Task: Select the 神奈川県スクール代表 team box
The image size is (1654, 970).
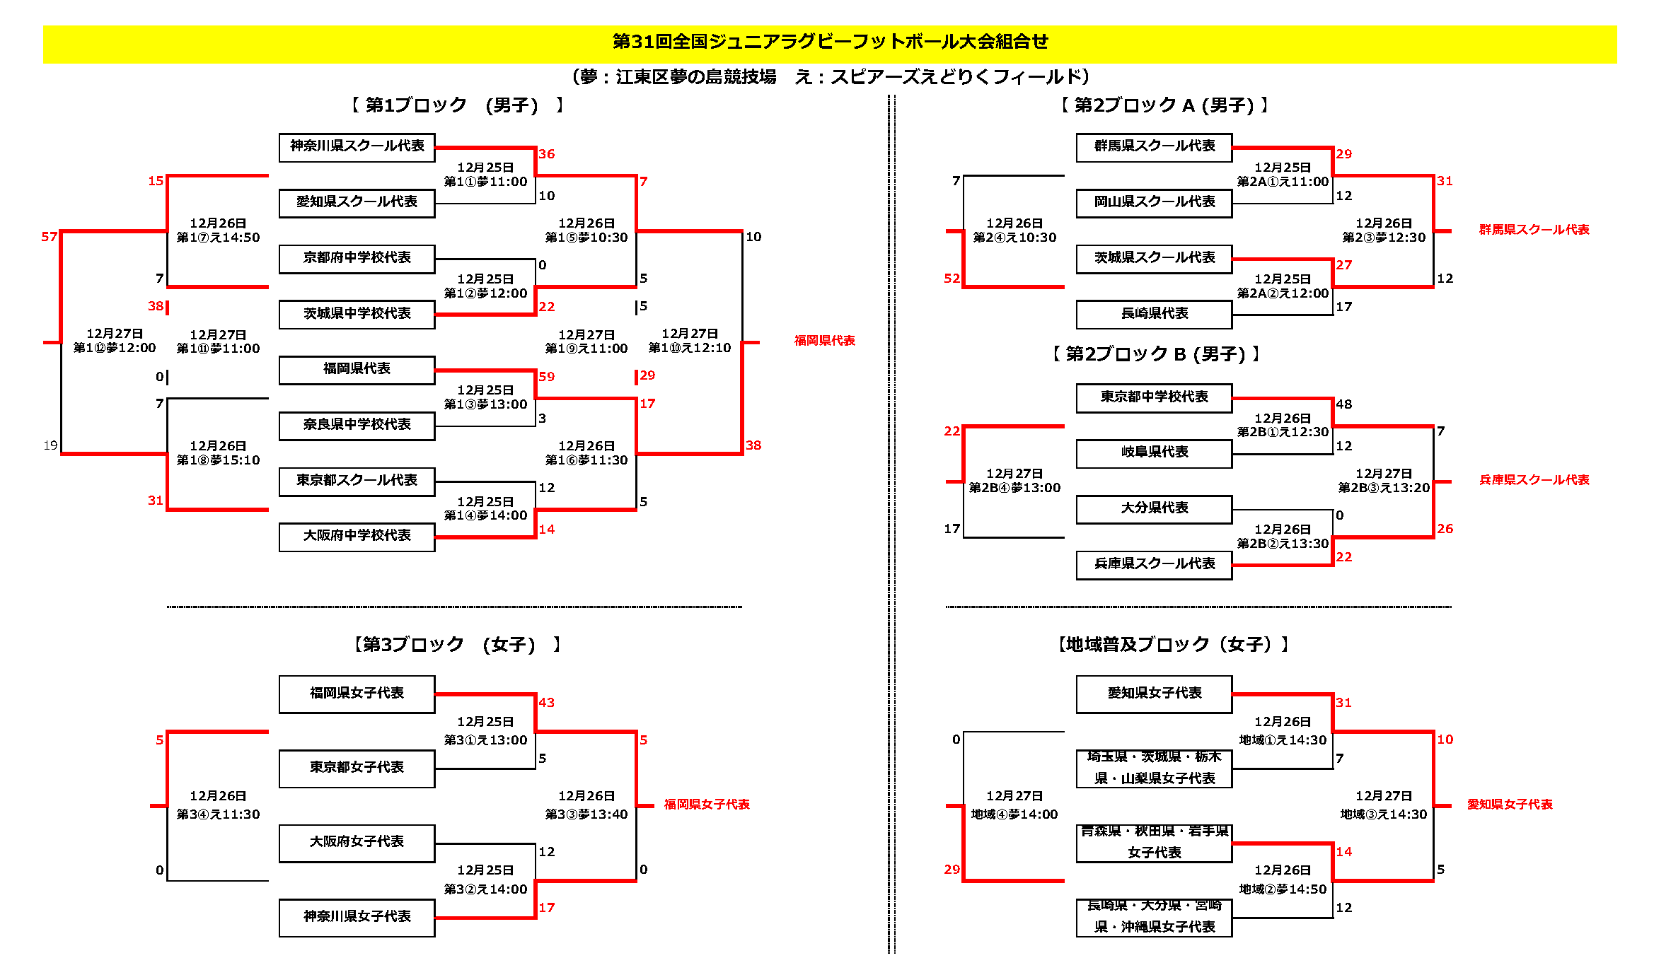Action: point(357,147)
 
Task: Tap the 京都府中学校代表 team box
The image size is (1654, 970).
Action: point(357,259)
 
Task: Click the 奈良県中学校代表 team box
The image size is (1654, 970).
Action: point(357,426)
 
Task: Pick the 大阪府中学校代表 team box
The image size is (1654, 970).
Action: point(357,537)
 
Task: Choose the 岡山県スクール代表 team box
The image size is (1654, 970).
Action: point(1154,203)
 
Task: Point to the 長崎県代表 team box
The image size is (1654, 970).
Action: point(1154,315)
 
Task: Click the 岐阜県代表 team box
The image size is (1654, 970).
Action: point(1154,453)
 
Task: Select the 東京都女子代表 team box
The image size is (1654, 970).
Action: point(357,769)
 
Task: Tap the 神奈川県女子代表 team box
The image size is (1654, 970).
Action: point(357,918)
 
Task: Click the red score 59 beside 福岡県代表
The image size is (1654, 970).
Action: point(546,377)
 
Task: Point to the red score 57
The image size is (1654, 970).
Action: point(49,237)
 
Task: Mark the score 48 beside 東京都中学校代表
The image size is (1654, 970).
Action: point(1343,404)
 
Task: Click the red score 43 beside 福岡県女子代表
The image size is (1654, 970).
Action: point(546,703)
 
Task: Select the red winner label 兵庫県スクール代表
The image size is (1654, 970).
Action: point(1534,480)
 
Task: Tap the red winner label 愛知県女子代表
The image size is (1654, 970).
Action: point(1510,805)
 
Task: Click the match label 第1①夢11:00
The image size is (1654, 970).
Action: point(485,182)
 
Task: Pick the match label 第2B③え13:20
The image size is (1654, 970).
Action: point(1384,488)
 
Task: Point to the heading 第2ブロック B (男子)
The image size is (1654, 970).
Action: point(1156,354)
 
